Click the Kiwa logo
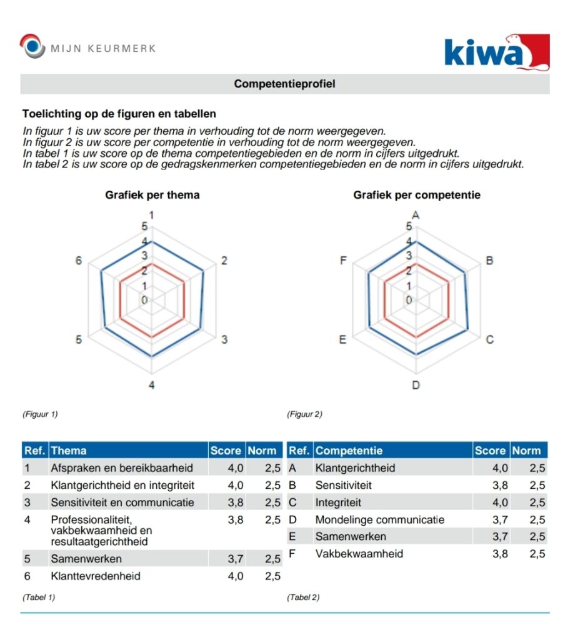(497, 51)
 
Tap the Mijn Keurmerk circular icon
(32, 47)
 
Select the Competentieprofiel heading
(284, 84)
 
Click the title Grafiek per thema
(152, 195)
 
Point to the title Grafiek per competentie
(417, 195)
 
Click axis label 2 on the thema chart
(224, 261)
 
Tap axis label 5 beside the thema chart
(79, 339)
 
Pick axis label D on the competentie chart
(416, 385)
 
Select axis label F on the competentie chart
(343, 261)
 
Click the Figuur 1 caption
(40, 414)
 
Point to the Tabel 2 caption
(303, 597)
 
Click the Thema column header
(69, 451)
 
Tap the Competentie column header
(349, 451)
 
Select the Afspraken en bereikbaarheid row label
(121, 468)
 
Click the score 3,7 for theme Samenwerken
(235, 559)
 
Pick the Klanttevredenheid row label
(96, 576)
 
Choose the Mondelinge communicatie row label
(379, 519)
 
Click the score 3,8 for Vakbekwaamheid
(500, 554)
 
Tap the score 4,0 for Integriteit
(500, 502)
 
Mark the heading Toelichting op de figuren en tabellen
(119, 114)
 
